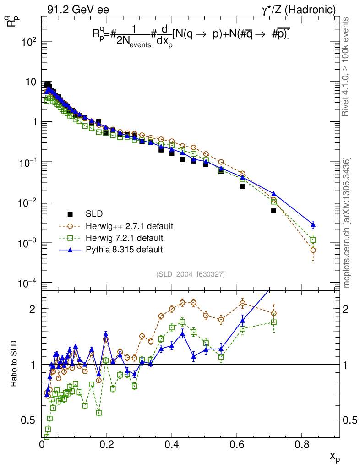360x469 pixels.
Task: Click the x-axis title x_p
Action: point(335,456)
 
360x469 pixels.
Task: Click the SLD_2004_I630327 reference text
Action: point(190,274)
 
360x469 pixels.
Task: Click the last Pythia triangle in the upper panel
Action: point(313,224)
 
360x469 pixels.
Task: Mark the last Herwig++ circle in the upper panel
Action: point(313,250)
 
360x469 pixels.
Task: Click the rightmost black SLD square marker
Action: point(274,211)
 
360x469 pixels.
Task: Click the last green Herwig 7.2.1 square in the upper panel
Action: point(313,240)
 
